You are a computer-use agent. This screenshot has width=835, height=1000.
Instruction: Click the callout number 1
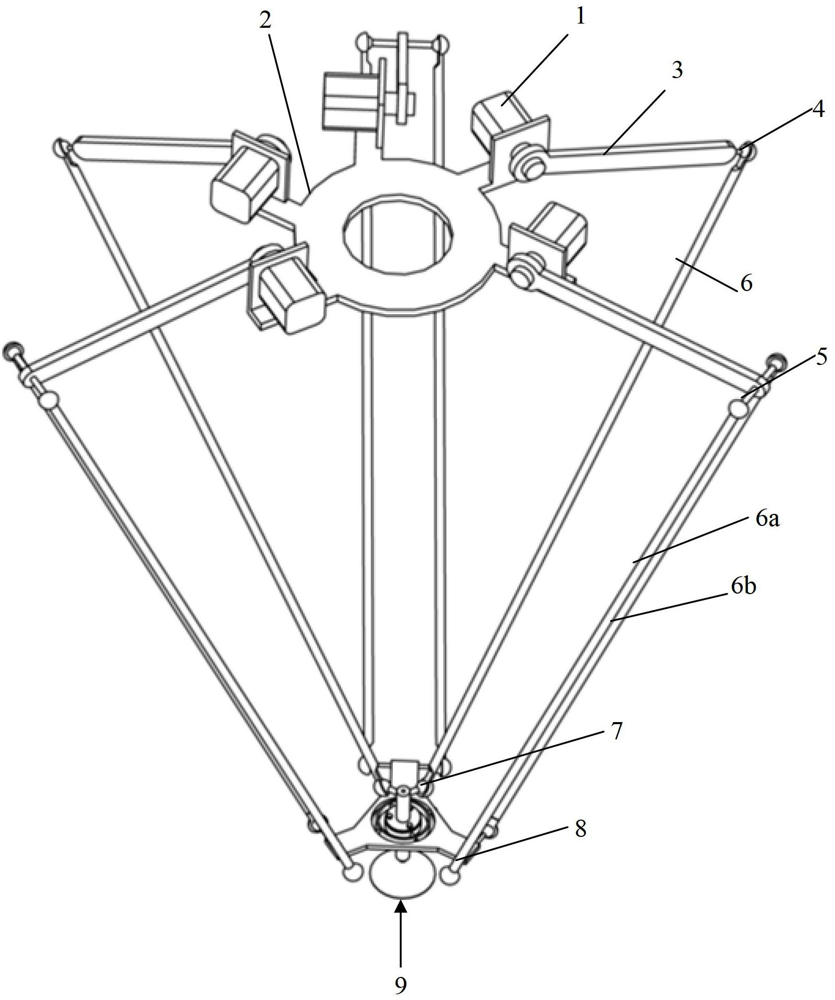tap(580, 17)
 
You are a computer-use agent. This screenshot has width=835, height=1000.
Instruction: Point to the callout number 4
tap(818, 109)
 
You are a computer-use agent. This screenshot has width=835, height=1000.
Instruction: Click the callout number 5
tap(821, 357)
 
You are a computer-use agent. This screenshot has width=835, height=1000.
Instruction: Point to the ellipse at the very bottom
tap(402, 878)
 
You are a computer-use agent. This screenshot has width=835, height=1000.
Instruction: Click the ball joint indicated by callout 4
tap(747, 150)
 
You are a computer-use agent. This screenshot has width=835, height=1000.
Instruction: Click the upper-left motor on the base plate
tap(247, 173)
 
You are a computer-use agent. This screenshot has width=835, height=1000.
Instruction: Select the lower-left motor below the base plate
tap(286, 291)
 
